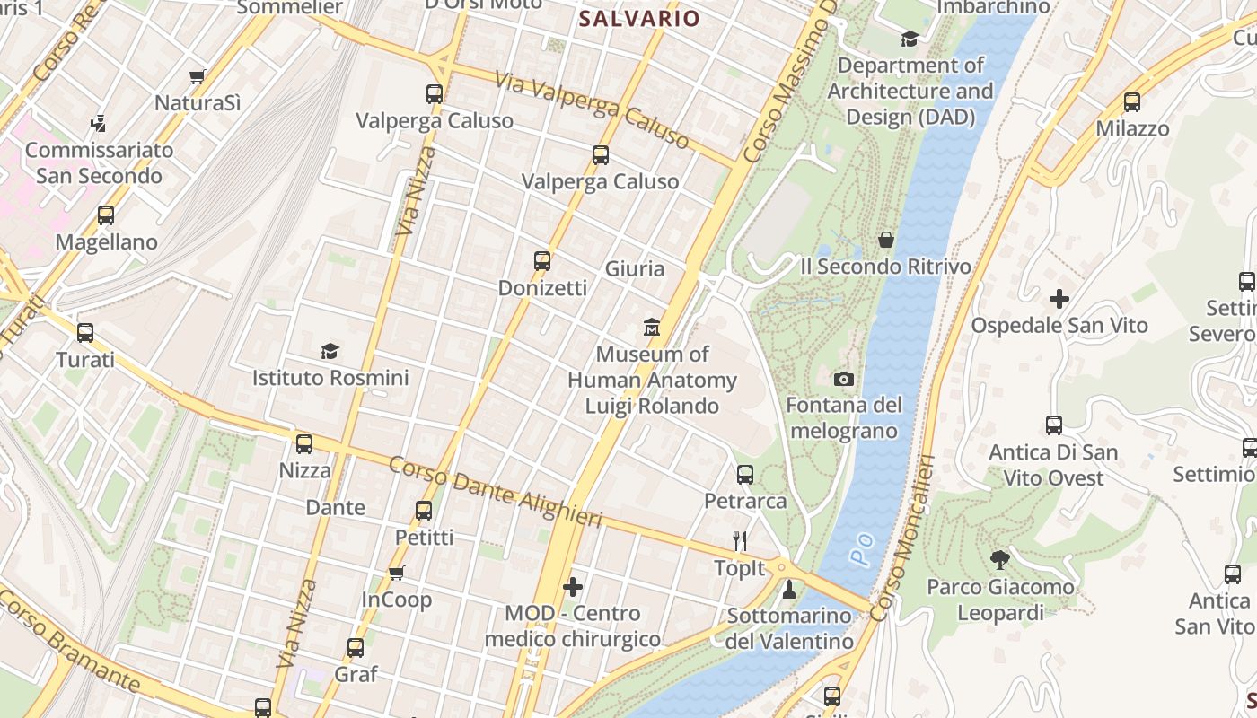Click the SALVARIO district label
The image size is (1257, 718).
[638, 18]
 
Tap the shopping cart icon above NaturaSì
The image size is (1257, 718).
[198, 77]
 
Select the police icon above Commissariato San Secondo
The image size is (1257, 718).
[99, 124]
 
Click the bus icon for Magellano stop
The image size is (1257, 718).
[106, 215]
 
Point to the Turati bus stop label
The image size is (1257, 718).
[85, 360]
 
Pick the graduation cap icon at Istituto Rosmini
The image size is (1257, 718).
[330, 351]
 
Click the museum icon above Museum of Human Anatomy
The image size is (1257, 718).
[652, 328]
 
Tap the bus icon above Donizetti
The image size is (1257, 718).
[542, 261]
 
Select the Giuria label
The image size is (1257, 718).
[635, 268]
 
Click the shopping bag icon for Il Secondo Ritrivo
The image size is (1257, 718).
[886, 240]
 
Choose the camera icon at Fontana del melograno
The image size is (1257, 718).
[843, 380]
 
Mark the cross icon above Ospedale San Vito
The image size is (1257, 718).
[1059, 298]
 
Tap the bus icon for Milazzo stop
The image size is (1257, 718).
[1132, 102]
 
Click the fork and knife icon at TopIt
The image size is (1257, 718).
[740, 540]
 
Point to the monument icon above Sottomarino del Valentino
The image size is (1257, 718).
[789, 589]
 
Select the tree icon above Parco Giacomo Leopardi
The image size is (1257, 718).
[1000, 560]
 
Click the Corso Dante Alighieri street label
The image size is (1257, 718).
[495, 492]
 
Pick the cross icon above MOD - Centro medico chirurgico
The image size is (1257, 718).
[573, 587]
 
